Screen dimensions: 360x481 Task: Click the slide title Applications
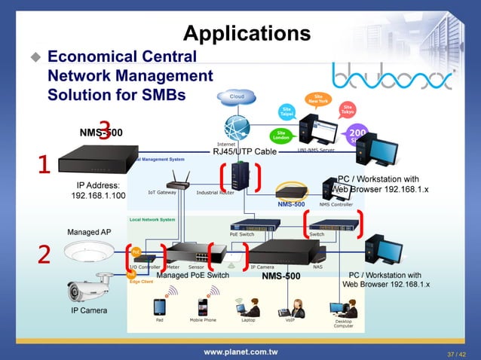click(x=247, y=34)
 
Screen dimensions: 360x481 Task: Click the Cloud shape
click(x=236, y=97)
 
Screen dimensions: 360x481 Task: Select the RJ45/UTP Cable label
click(x=244, y=152)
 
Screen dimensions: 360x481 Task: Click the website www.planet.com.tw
click(x=240, y=351)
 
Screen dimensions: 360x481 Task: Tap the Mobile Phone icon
click(x=202, y=307)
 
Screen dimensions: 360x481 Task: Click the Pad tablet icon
click(x=160, y=307)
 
